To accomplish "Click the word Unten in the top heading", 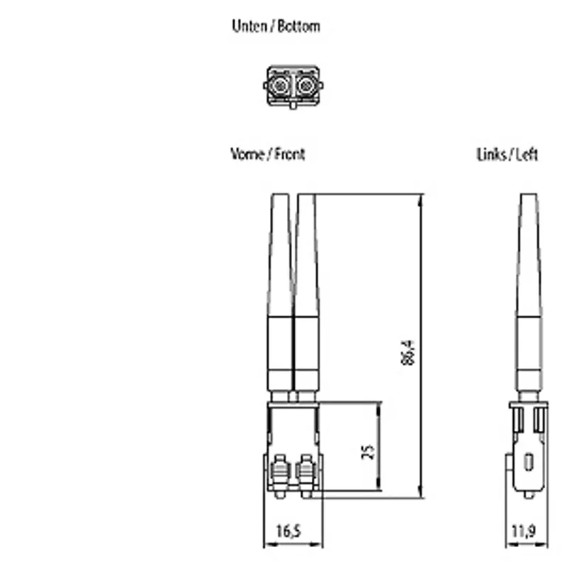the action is click(249, 26).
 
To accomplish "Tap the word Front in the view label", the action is click(290, 154).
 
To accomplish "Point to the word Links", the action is click(491, 155).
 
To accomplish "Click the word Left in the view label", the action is click(527, 155).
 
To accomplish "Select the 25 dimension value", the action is click(368, 452).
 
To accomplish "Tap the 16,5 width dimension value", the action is click(288, 531).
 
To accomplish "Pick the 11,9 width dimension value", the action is click(524, 531).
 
